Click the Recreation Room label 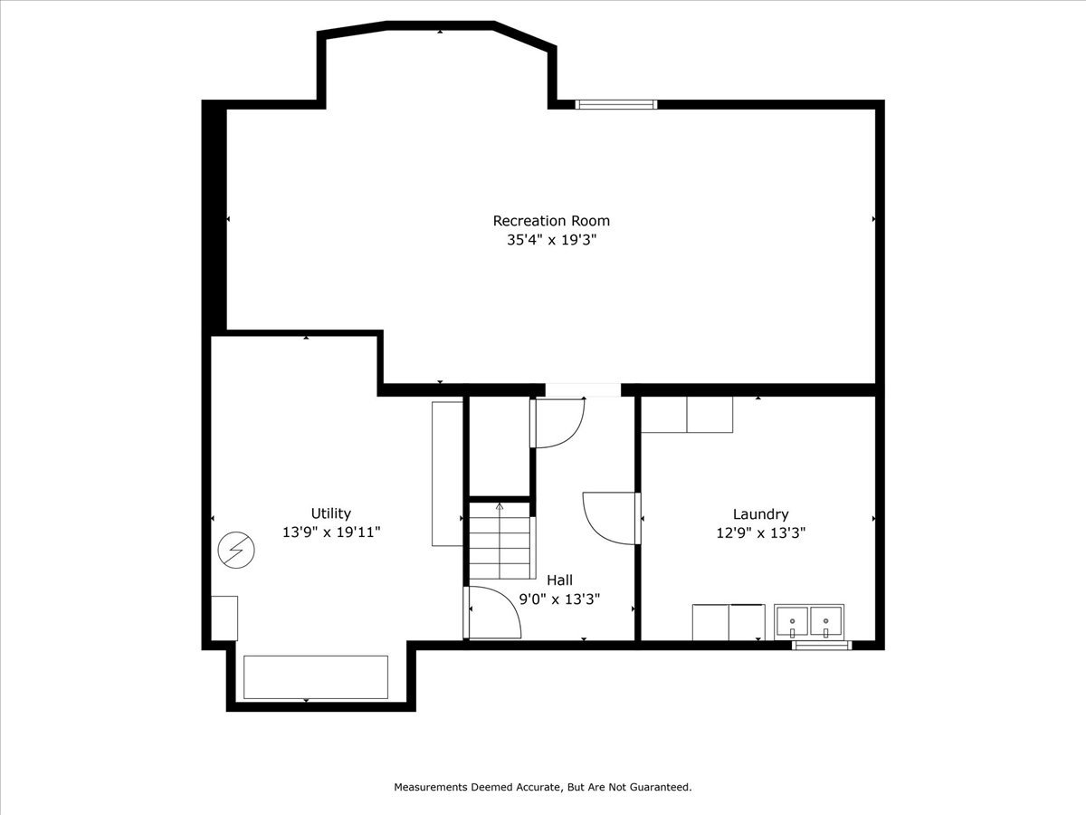tap(550, 220)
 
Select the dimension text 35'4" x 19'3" tap(550, 241)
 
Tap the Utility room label tap(330, 513)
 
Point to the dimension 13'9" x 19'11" tap(330, 533)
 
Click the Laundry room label tap(760, 513)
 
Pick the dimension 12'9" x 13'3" tap(760, 533)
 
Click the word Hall tap(558, 580)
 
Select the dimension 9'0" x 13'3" tap(558, 599)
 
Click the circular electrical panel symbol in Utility tap(236, 550)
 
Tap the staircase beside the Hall tap(499, 541)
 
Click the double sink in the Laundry tap(809, 622)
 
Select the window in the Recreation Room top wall tap(616, 104)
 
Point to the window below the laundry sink tap(822, 646)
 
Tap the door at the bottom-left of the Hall tap(493, 613)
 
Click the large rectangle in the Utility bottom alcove tap(316, 676)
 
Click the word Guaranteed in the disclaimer tap(661, 787)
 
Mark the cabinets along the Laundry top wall tap(687, 415)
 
